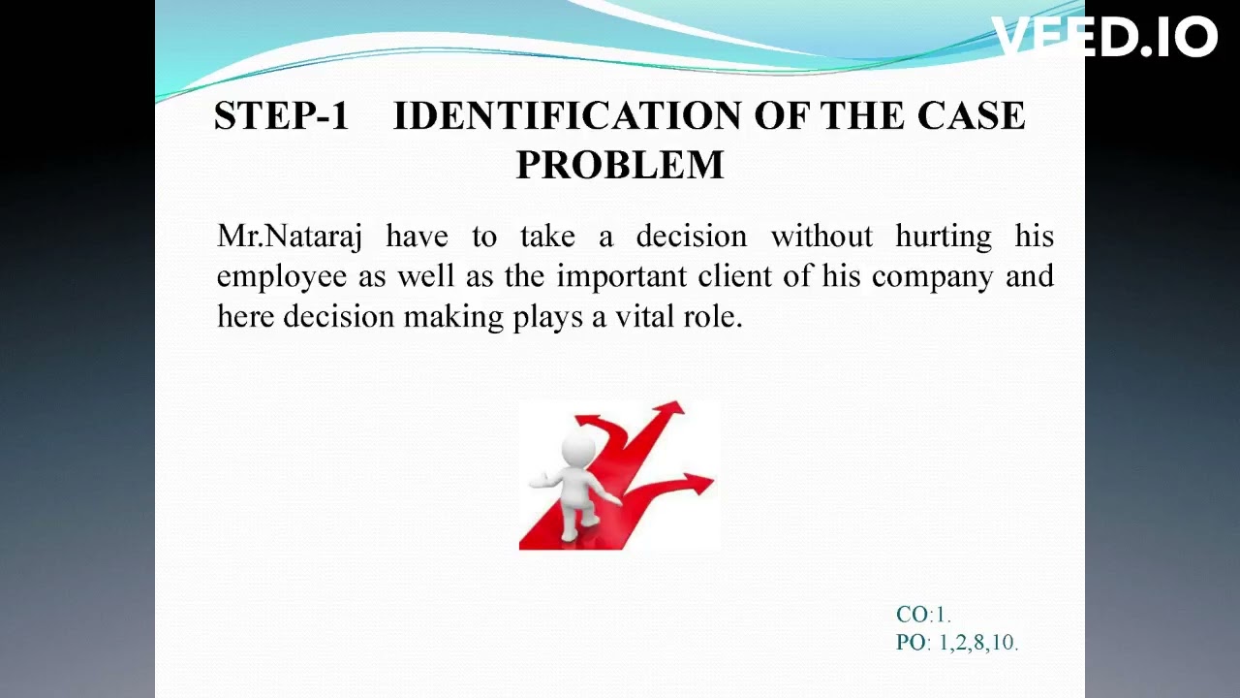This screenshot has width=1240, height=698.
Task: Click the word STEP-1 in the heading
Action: point(281,116)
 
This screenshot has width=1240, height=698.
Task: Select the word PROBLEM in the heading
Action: point(620,166)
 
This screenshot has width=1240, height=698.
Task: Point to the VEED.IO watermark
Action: point(1104,38)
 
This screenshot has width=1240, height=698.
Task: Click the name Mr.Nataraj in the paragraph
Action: point(289,237)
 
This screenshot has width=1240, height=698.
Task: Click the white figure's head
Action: point(579,449)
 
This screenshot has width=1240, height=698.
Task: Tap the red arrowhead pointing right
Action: point(698,480)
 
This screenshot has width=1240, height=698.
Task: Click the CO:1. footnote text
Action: point(923,615)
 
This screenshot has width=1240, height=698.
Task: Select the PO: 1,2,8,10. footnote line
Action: point(956,642)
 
